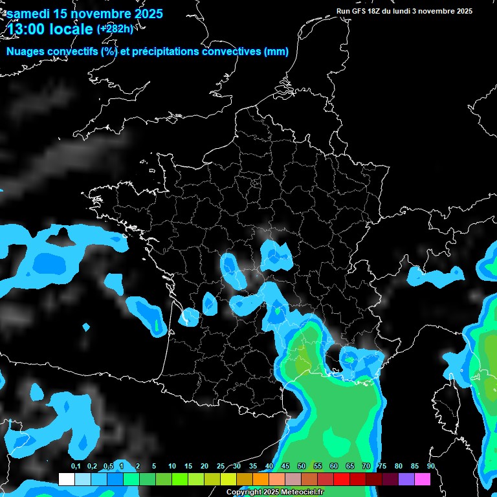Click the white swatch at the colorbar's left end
(66, 480)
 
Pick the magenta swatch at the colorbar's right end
(423, 480)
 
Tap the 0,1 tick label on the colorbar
(76, 467)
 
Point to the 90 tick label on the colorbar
(430, 467)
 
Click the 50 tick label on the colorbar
(302, 467)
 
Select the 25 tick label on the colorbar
(221, 467)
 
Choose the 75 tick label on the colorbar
(382, 467)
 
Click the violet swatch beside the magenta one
(406, 480)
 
